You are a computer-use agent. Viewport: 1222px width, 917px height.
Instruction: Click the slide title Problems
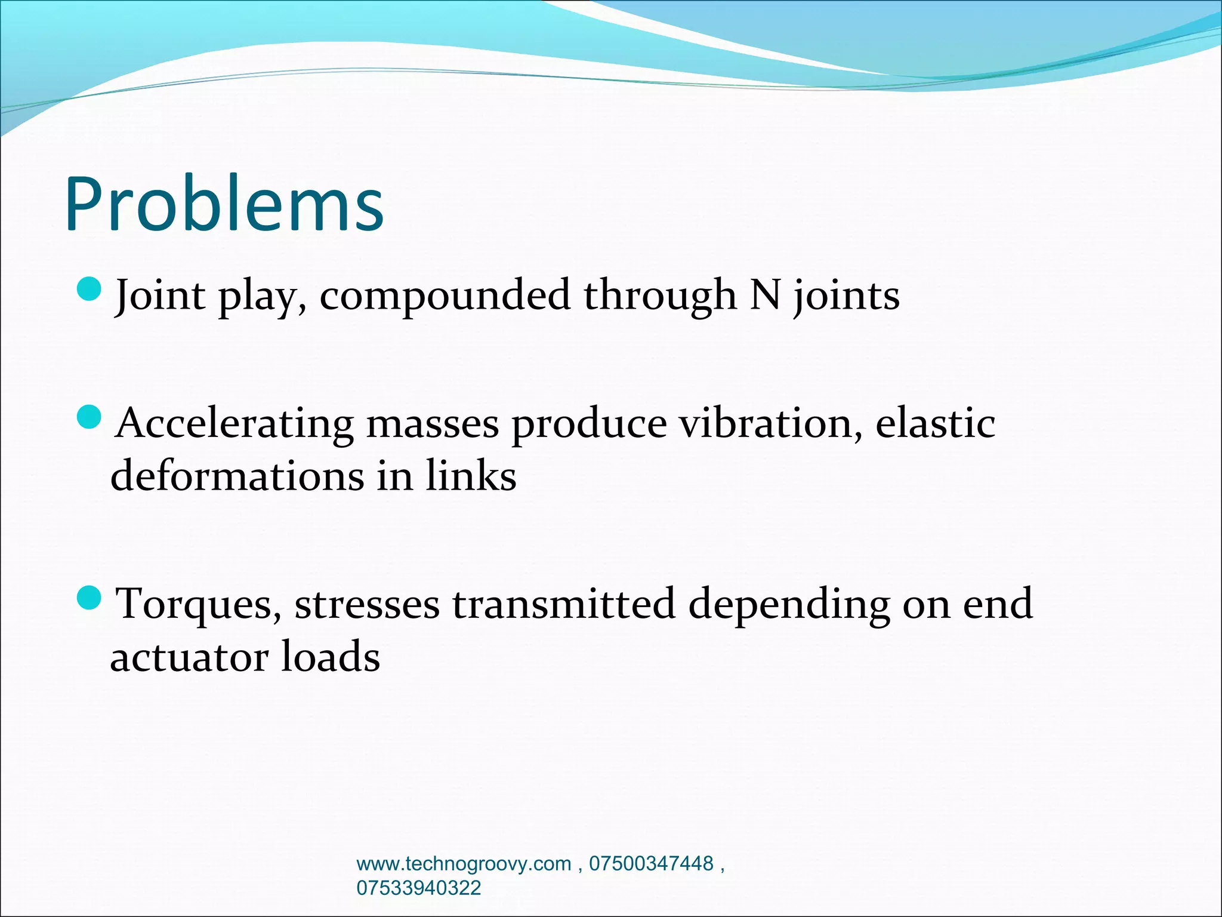tap(224, 204)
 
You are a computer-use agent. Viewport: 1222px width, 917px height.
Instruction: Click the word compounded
tap(445, 296)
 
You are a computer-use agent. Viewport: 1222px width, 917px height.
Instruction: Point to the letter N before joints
tap(765, 294)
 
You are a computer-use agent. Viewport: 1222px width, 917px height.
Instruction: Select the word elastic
tap(934, 423)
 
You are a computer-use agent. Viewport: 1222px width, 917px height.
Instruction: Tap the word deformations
tap(237, 476)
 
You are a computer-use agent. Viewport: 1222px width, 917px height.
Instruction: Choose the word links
tap(470, 476)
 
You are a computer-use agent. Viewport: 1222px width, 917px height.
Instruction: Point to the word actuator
tap(189, 657)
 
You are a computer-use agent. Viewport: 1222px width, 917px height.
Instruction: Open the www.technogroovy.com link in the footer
tap(464, 864)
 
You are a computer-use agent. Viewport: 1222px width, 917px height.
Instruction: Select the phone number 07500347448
tap(651, 864)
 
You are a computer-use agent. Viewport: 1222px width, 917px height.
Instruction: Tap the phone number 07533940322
tap(418, 888)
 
